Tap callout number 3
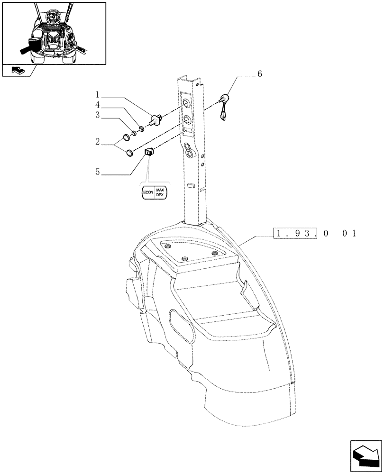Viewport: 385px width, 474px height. (x=97, y=115)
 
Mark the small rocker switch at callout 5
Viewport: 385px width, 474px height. (x=149, y=152)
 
